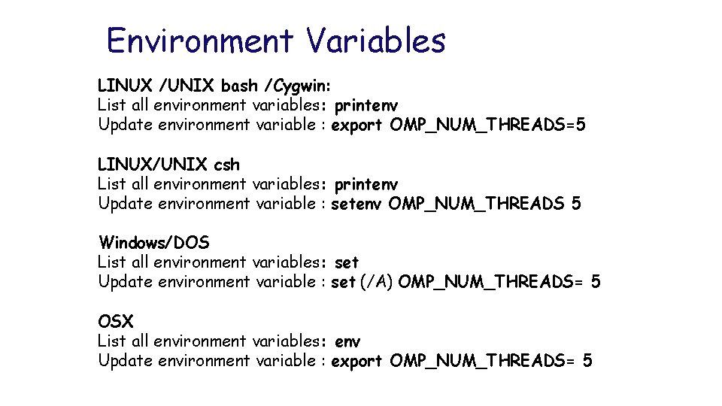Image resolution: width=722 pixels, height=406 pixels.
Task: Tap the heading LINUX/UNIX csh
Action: click(168, 164)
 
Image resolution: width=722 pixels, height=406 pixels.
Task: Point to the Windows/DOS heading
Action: click(154, 243)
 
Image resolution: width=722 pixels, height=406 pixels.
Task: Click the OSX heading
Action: click(116, 322)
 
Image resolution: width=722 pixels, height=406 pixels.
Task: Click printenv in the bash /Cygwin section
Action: click(366, 105)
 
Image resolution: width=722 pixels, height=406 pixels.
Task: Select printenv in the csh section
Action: click(366, 184)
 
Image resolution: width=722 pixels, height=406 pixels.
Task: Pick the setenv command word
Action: click(356, 204)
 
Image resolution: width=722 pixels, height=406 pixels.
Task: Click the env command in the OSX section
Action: click(347, 342)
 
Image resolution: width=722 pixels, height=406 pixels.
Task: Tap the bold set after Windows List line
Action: click(347, 263)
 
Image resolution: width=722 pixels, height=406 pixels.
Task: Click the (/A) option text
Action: click(377, 283)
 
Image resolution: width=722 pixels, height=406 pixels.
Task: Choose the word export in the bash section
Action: click(356, 125)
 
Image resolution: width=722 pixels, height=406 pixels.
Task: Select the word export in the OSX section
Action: click(356, 362)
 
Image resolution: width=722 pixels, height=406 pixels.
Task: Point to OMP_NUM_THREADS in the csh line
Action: click(476, 204)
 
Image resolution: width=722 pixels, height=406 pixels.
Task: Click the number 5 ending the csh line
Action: click(576, 204)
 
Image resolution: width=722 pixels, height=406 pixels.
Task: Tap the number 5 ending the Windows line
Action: click(596, 283)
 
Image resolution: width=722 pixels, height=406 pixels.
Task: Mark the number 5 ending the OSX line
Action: click(587, 362)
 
